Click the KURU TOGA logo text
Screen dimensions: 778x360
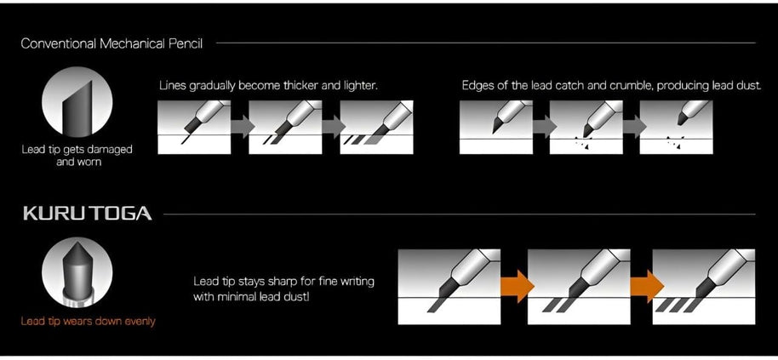(x=88, y=214)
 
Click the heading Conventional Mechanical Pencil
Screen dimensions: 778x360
(x=112, y=43)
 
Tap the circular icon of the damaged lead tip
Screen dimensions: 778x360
(x=77, y=101)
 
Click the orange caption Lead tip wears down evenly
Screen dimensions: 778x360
(x=88, y=322)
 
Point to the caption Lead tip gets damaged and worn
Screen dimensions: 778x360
(x=77, y=155)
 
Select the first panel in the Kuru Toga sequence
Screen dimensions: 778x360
(x=449, y=287)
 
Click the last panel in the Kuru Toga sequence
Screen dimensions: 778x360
(x=704, y=287)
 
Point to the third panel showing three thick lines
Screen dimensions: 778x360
(x=376, y=127)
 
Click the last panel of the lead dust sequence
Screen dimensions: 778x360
(x=677, y=127)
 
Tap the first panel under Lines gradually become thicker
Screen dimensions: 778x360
(x=194, y=127)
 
